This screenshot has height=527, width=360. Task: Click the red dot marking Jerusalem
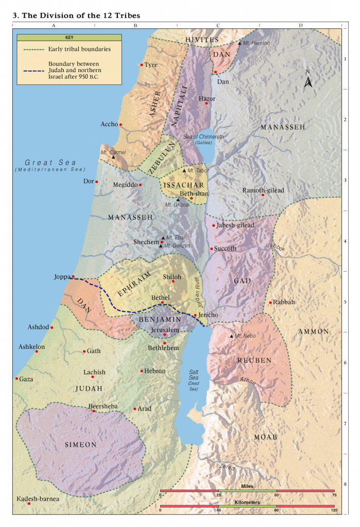[x=165, y=335]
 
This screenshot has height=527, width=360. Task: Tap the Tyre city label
[x=151, y=65]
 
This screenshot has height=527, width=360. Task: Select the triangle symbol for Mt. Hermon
[x=239, y=43]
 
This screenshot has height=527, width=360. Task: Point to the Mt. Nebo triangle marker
[x=232, y=336]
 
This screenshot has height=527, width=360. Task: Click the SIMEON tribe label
[x=80, y=445]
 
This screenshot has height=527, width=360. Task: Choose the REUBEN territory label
[x=254, y=361]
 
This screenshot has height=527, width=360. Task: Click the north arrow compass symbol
[x=308, y=81]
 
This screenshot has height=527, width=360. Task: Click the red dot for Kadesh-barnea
[x=29, y=504]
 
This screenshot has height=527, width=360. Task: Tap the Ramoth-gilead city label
[x=263, y=190]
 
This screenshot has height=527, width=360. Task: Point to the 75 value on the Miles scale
[x=334, y=495]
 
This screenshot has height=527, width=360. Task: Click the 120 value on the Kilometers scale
[x=334, y=510]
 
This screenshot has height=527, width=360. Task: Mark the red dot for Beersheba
[x=94, y=411]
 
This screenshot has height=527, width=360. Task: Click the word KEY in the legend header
[x=69, y=38]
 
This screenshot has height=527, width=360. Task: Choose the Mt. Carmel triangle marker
[x=114, y=156]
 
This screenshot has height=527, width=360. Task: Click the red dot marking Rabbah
[x=270, y=303]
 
